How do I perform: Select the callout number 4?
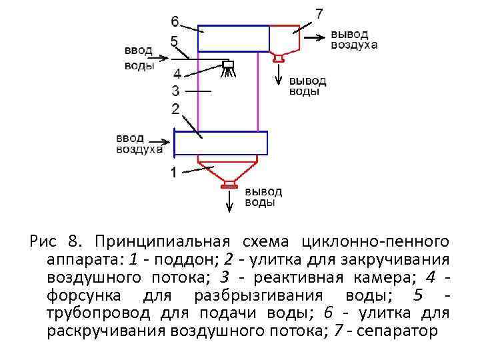(177, 73)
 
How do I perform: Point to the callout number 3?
(176, 90)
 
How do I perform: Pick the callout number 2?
(175, 108)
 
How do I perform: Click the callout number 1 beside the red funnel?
(173, 173)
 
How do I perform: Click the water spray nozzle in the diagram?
(229, 66)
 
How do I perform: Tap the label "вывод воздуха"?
(354, 39)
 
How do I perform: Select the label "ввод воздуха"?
(139, 143)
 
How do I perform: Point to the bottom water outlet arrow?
(231, 200)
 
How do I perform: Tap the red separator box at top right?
(285, 38)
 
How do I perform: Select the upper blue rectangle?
(233, 38)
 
